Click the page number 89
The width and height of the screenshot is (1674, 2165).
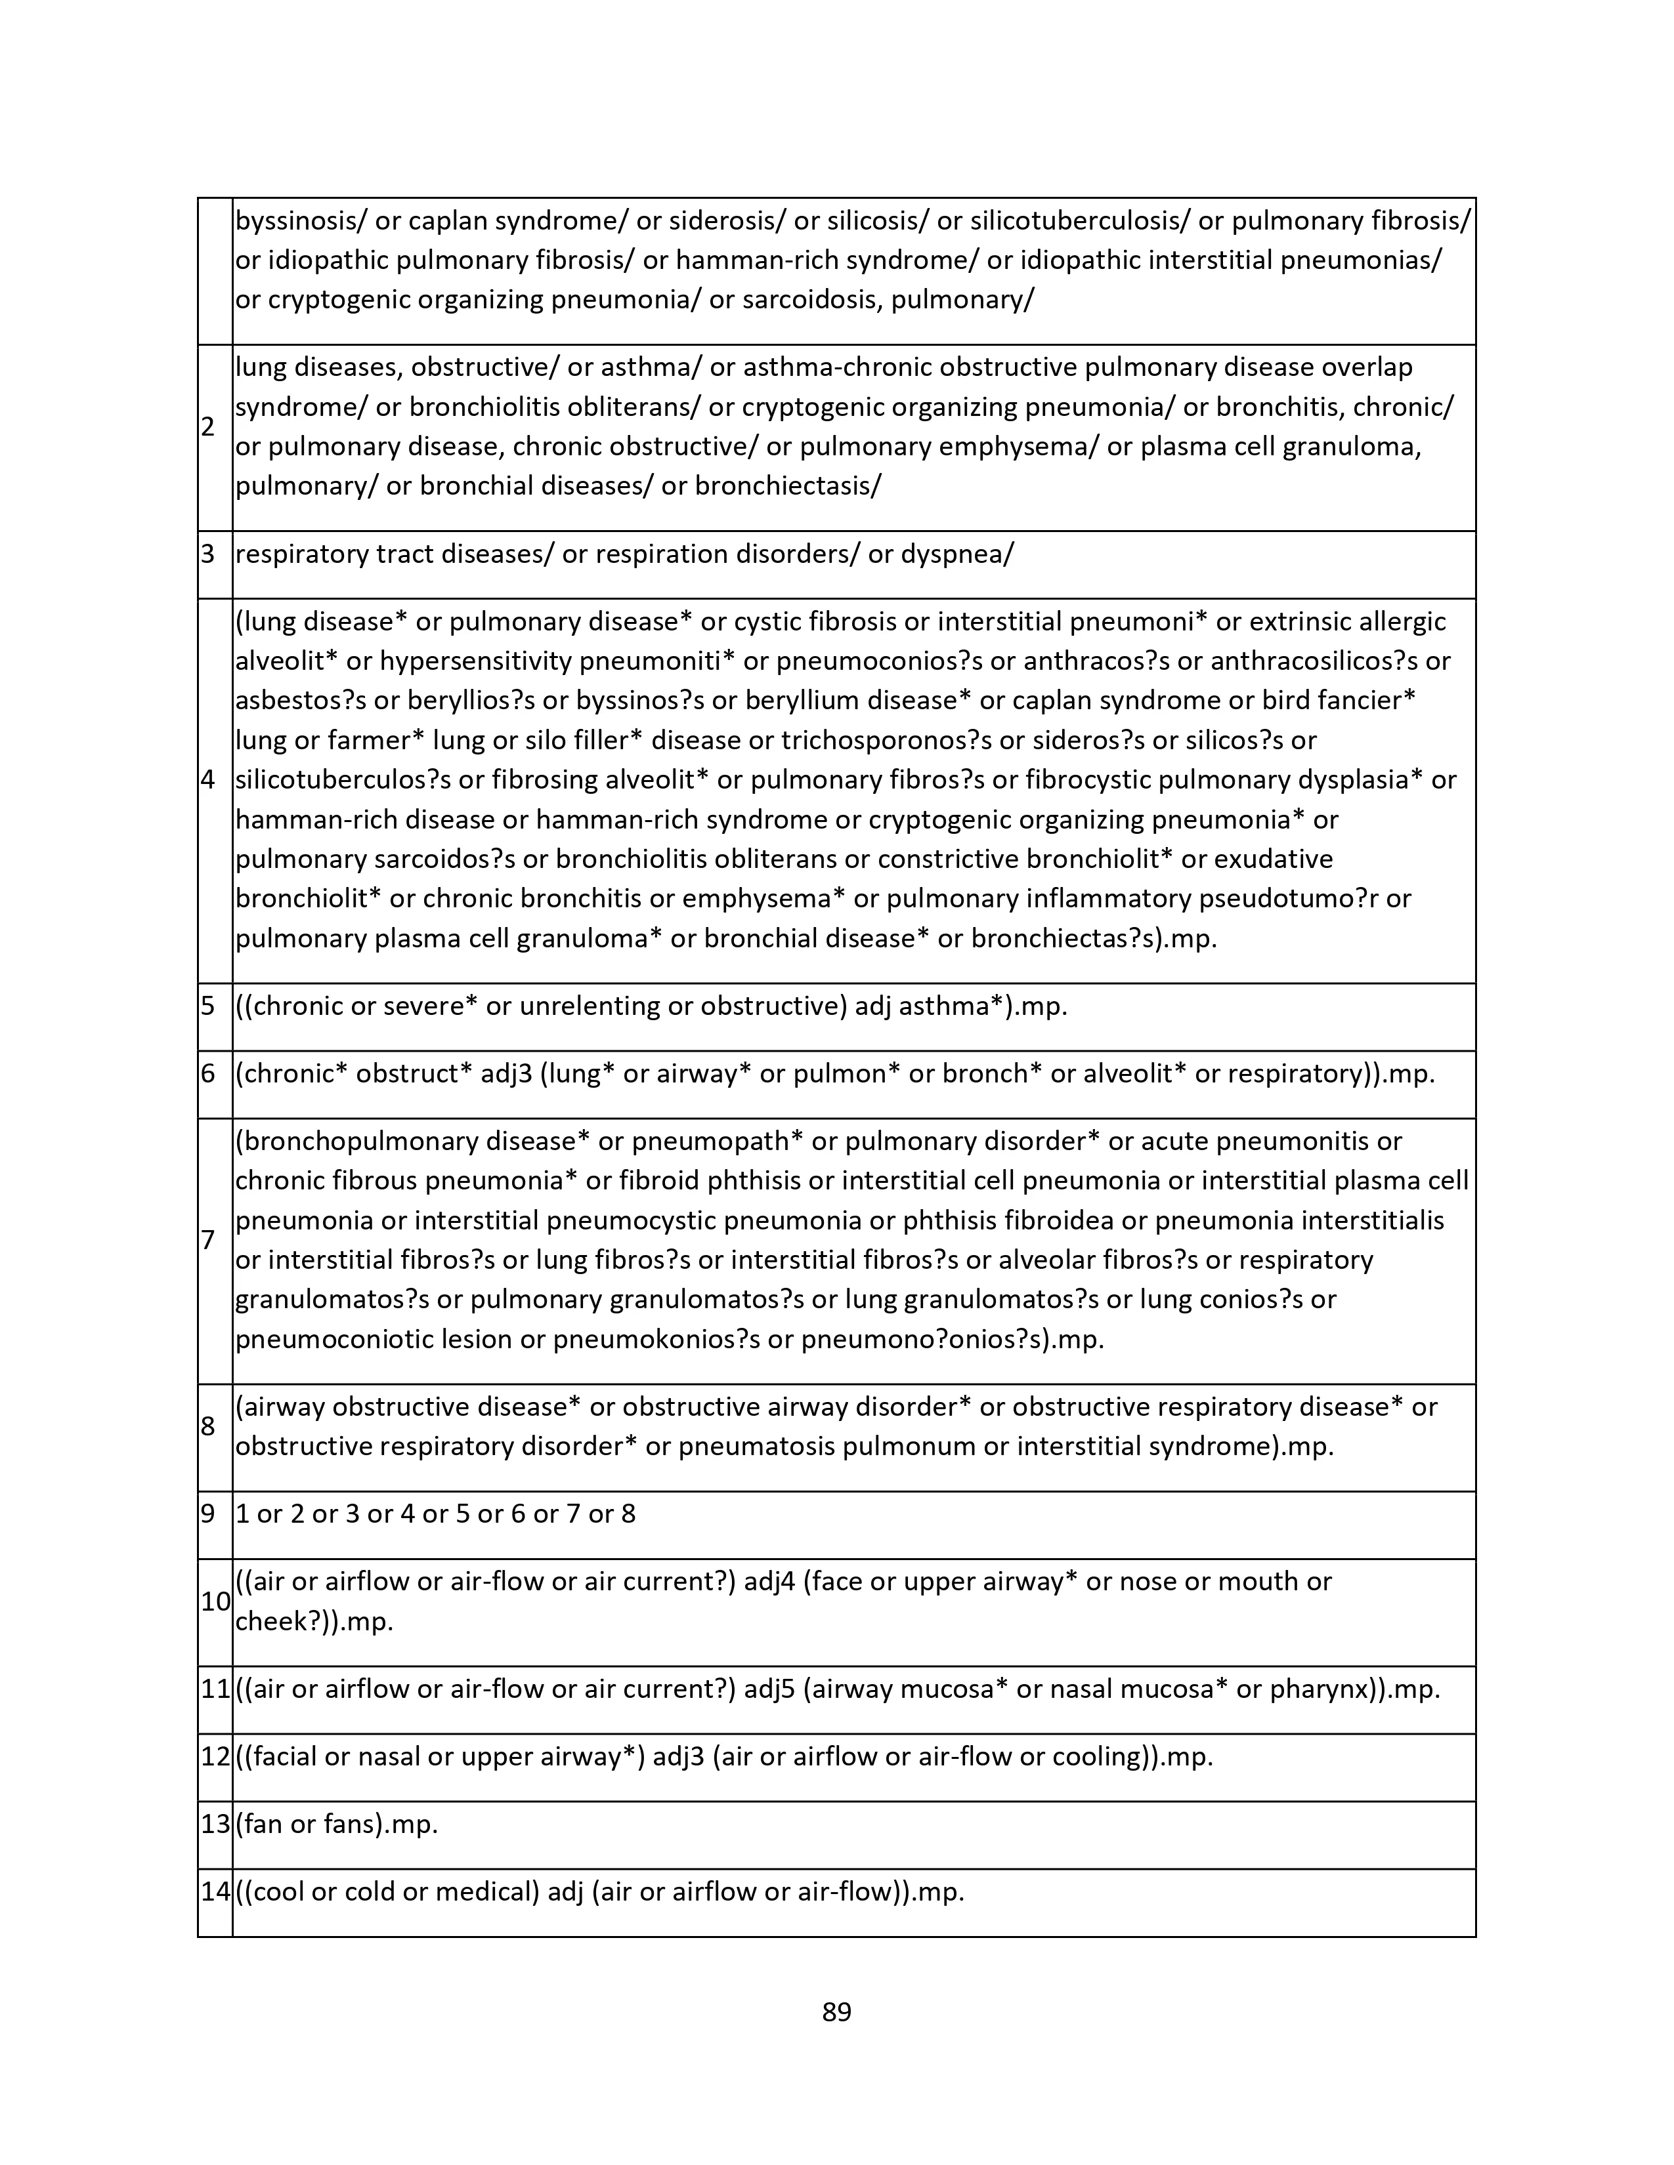(836, 2011)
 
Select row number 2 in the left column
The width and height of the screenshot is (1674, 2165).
(208, 426)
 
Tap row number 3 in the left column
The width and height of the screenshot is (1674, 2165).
(208, 553)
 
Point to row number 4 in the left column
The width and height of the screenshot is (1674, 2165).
(208, 779)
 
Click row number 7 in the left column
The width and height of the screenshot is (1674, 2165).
(208, 1239)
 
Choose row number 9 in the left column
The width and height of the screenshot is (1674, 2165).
(208, 1513)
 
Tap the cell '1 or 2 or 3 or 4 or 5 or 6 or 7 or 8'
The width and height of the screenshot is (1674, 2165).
(435, 1513)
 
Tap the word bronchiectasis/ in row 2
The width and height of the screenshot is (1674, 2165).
(787, 485)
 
